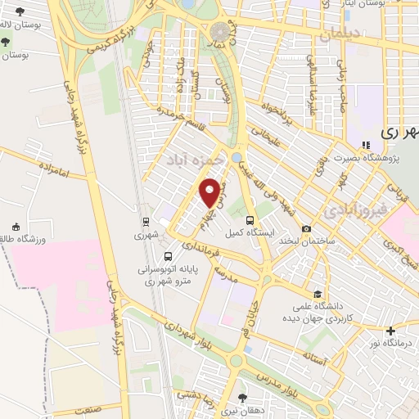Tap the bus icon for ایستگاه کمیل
(x=250, y=219)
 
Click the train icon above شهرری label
(x=145, y=221)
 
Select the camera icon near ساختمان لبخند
(x=306, y=228)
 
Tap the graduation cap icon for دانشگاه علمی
(x=315, y=295)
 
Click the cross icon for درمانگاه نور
(x=391, y=331)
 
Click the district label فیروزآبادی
(x=352, y=209)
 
